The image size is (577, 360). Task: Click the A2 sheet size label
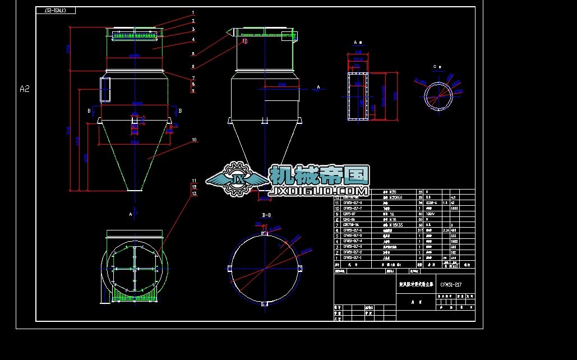(24, 89)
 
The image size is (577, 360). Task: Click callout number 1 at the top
(193, 12)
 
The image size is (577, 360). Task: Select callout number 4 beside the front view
(193, 39)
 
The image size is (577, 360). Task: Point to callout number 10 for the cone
(193, 140)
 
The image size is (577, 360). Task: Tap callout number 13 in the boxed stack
(194, 193)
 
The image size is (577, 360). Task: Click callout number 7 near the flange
(193, 78)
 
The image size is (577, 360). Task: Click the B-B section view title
(267, 215)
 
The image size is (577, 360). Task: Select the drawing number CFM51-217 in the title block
(450, 285)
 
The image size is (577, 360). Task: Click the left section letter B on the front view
(89, 111)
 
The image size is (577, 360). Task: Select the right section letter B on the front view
(180, 111)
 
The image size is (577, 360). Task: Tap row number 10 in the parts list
(338, 208)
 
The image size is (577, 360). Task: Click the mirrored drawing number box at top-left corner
(55, 11)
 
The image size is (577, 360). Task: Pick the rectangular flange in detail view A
(357, 95)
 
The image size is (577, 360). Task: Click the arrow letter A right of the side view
(318, 87)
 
